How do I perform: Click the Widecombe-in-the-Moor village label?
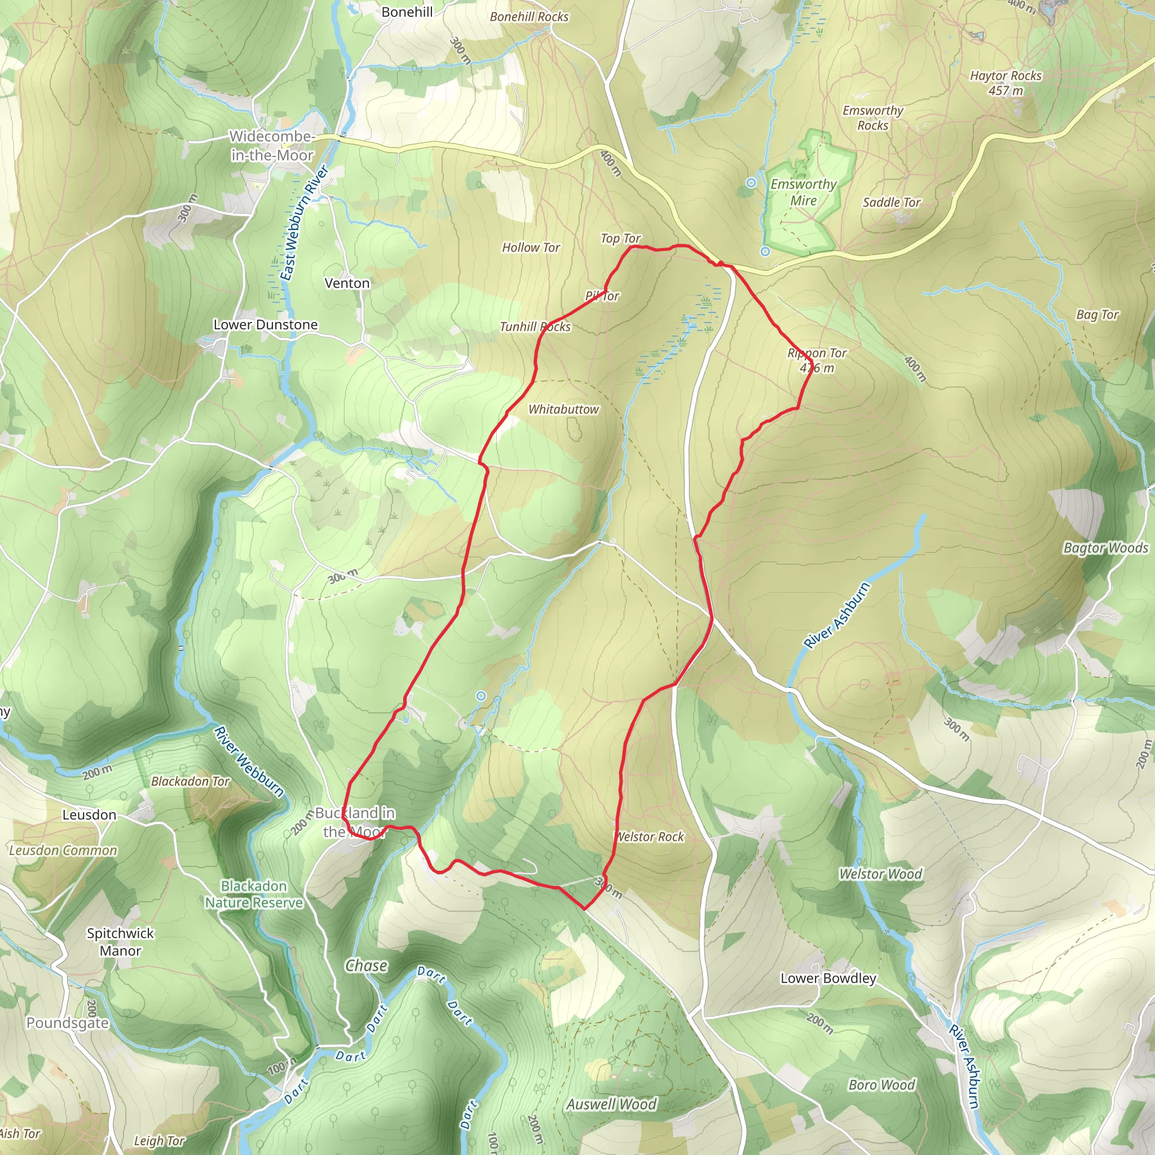pos(272,146)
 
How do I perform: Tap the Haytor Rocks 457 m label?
pos(1006,83)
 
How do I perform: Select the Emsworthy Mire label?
pos(804,192)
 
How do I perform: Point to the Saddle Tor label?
pos(892,202)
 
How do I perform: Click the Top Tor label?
pos(620,239)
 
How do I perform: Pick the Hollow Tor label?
pos(531,248)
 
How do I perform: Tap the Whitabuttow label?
pos(563,409)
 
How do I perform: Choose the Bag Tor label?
pos(1097,315)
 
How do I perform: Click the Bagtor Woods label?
pos(1105,548)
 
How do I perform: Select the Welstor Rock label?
pos(650,837)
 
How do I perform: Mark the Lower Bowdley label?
pos(828,978)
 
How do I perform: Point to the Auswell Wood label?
pos(611,1104)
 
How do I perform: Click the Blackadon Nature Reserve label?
pos(254,894)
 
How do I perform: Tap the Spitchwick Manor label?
pos(120,942)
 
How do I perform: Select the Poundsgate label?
pos(68,1023)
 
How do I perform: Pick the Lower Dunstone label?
pos(266,325)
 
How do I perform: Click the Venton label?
pos(347,283)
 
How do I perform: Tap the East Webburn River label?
pos(305,223)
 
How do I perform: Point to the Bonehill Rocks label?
pos(529,17)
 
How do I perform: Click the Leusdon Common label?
pos(63,850)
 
